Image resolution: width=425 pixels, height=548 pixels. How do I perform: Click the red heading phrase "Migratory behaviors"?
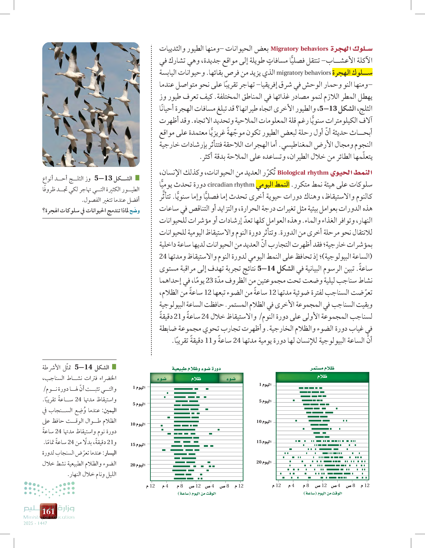click(x=299, y=49)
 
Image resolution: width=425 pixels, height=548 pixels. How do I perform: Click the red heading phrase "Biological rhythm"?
click(x=303, y=173)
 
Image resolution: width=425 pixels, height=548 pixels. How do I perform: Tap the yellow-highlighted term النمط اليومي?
click(x=273, y=184)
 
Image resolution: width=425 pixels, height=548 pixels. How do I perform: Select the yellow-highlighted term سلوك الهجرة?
click(x=352, y=73)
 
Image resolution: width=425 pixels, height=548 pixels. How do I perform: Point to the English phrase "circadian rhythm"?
click(x=231, y=185)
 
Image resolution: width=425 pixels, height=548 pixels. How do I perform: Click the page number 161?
click(x=49, y=511)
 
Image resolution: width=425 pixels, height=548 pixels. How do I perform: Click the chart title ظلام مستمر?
click(x=322, y=368)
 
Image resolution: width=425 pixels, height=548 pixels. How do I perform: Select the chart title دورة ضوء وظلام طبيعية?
click(x=196, y=368)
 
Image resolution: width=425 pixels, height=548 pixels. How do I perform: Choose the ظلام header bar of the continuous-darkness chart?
click(x=322, y=377)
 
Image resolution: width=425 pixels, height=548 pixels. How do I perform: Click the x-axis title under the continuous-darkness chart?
click(x=323, y=493)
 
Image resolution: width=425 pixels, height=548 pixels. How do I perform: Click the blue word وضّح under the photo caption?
click(x=134, y=211)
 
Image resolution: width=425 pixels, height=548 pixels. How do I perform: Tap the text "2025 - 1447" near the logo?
click(x=35, y=524)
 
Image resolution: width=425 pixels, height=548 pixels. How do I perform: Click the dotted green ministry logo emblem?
click(x=49, y=489)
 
